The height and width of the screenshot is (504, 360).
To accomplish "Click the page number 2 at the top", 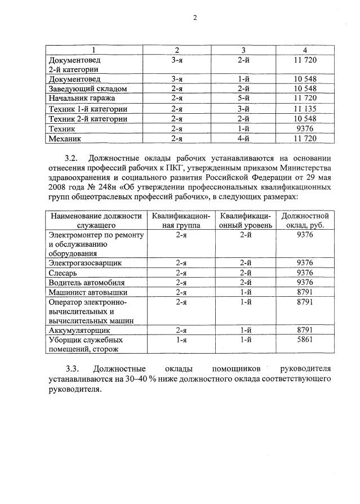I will tap(194, 17).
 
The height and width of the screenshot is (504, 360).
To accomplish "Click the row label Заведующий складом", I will tap(87, 89).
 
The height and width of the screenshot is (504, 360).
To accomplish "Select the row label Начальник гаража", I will tap(83, 99).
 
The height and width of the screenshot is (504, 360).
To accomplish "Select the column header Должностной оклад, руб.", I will tap(304, 220).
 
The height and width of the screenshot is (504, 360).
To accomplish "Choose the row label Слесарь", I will tap(66, 273).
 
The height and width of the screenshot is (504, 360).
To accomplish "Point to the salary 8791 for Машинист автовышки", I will tap(304, 292).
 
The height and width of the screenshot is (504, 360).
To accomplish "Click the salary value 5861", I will tap(304, 341).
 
